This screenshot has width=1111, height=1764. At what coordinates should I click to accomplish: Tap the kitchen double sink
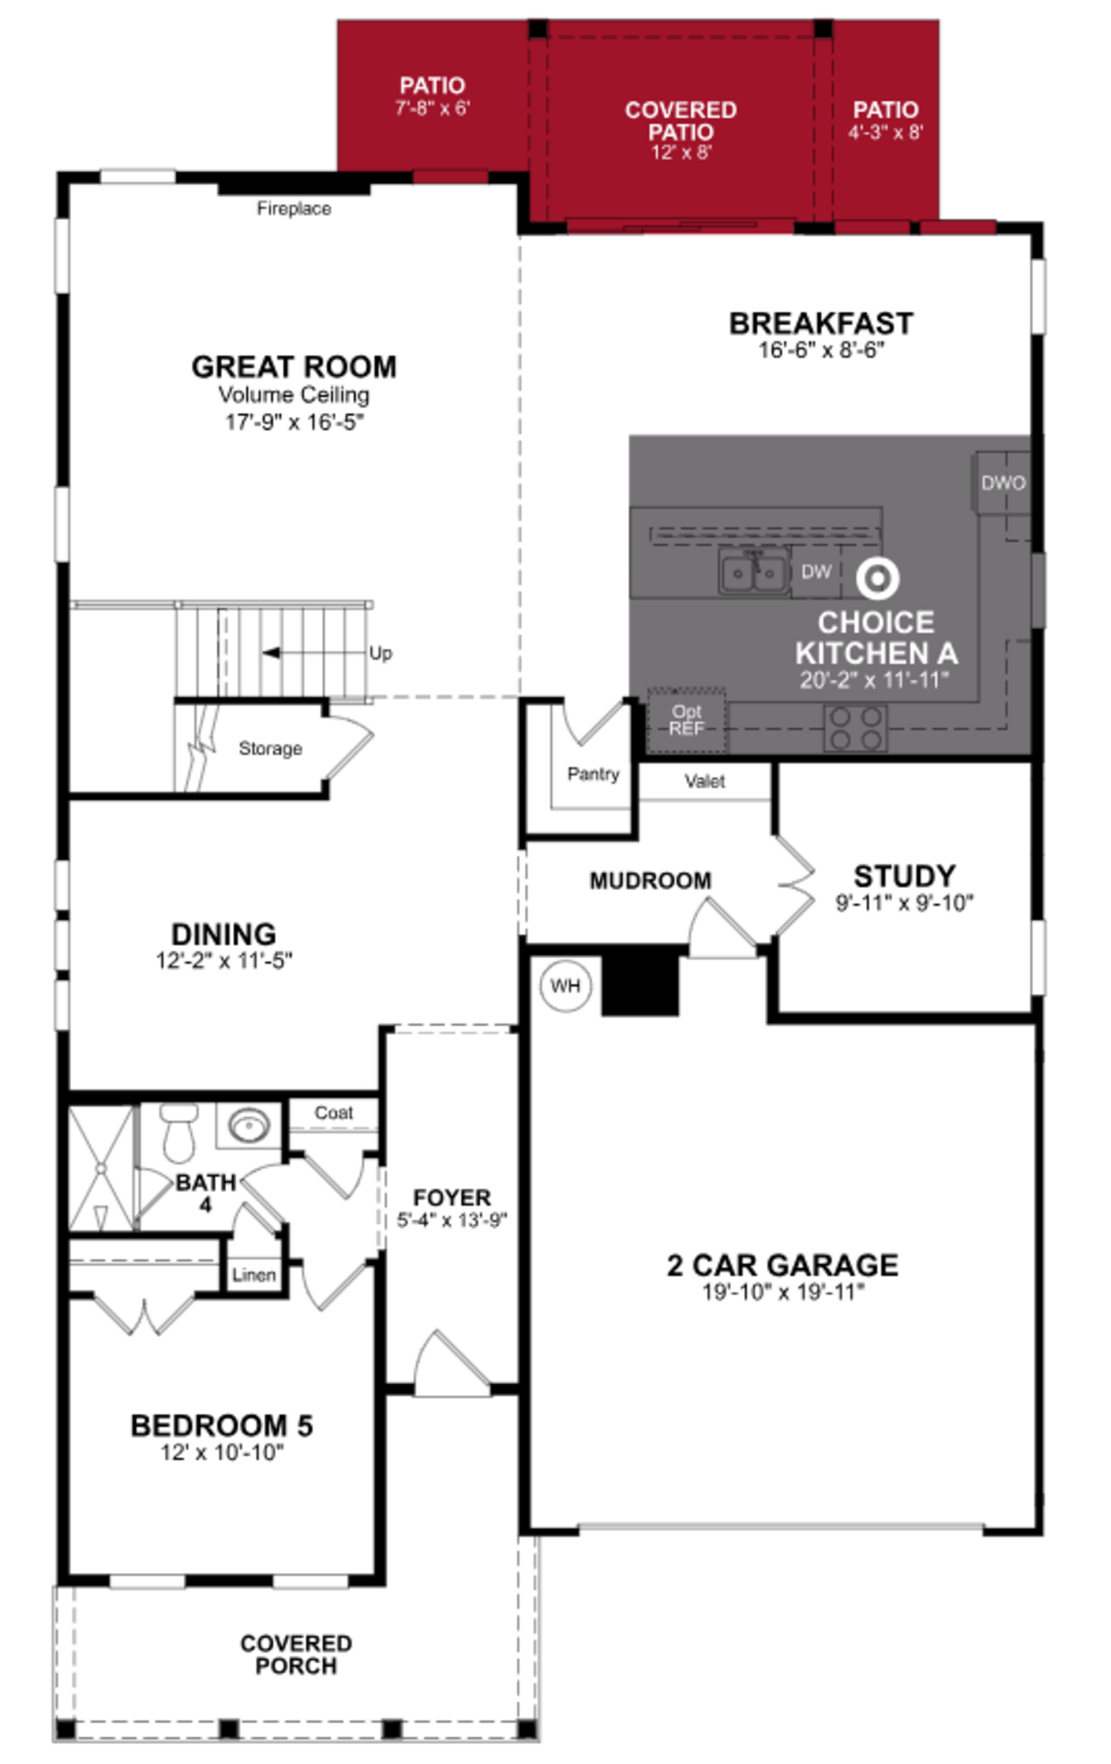753,572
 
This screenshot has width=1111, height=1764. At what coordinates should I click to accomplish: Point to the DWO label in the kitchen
1003,483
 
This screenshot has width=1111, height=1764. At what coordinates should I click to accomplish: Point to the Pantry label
593,774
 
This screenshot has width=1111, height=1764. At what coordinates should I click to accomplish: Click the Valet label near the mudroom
704,782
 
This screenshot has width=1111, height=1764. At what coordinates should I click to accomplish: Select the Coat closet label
334,1113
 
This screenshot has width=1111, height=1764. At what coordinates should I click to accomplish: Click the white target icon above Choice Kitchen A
877,578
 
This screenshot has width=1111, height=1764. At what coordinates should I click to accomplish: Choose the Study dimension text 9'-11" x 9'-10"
904,903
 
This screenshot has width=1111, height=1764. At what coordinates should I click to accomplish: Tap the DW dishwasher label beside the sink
816,572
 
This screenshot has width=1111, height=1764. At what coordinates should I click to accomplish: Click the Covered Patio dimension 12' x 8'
681,152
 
